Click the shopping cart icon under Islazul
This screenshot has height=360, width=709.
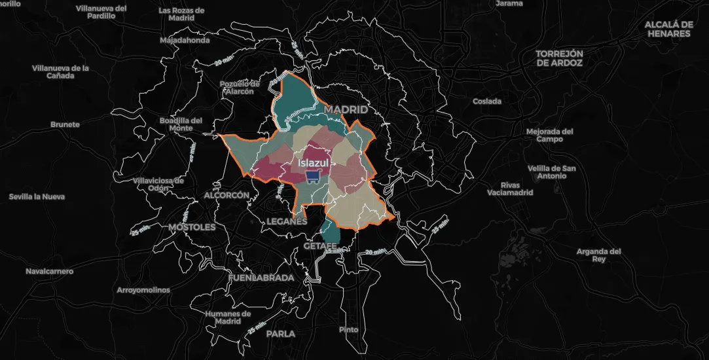pos(313,176)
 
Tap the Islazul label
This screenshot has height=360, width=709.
pos(313,162)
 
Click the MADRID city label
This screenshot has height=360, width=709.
pos(346,109)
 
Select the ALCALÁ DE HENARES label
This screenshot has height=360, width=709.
pos(668,28)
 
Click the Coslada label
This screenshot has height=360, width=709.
pos(487,101)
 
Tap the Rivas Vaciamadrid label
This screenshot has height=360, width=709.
pos(509,189)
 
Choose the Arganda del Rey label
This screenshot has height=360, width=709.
pos(598,255)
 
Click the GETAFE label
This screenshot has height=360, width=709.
pos(320,246)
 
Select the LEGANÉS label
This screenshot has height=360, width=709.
pos(287,221)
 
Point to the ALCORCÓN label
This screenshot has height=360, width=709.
pos(227,195)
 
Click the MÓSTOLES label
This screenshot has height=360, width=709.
pos(192,227)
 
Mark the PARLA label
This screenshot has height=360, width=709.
pos(280,333)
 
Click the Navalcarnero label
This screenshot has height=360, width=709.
pos(50,271)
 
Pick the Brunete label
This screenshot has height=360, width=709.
pos(65,124)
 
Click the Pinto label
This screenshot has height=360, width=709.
pos(348,329)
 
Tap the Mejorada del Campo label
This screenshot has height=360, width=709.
pos(549,135)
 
